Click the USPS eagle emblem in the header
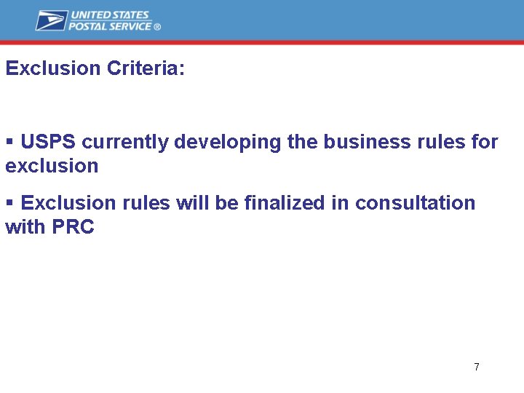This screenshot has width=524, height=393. pyautogui.click(x=51, y=20)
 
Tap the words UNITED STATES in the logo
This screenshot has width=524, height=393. pyautogui.click(x=109, y=15)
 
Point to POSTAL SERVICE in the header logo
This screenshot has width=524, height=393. pyautogui.click(x=111, y=26)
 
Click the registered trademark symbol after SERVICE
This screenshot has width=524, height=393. pyautogui.click(x=157, y=27)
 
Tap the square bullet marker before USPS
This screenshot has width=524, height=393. pyautogui.click(x=9, y=141)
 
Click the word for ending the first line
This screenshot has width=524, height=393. pyautogui.click(x=484, y=142)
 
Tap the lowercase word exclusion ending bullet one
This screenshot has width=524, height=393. pyautogui.click(x=52, y=166)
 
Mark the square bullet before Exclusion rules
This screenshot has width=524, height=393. pyautogui.click(x=9, y=202)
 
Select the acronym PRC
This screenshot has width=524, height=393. pyautogui.click(x=73, y=227)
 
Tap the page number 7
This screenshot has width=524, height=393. pyautogui.click(x=476, y=367)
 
